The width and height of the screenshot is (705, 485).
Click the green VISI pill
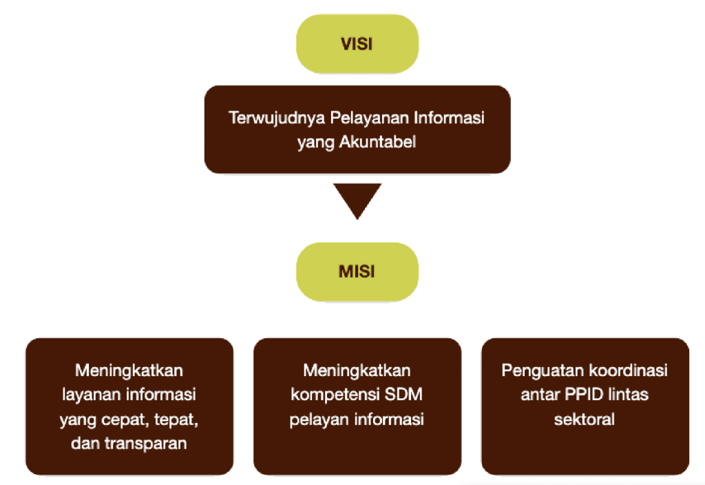point(357,43)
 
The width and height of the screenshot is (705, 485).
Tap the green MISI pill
point(357,271)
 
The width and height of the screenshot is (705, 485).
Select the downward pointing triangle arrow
point(357,201)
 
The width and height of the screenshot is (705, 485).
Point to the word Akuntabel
point(378,142)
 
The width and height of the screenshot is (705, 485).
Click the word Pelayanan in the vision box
point(370,117)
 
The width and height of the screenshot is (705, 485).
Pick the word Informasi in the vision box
point(449,117)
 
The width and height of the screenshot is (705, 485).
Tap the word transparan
point(146,444)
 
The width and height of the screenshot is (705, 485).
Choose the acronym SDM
point(403,394)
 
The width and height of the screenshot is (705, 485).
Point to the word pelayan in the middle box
point(319,420)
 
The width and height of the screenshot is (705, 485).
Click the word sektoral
point(585,420)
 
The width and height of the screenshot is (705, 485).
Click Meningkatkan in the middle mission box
point(357,371)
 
